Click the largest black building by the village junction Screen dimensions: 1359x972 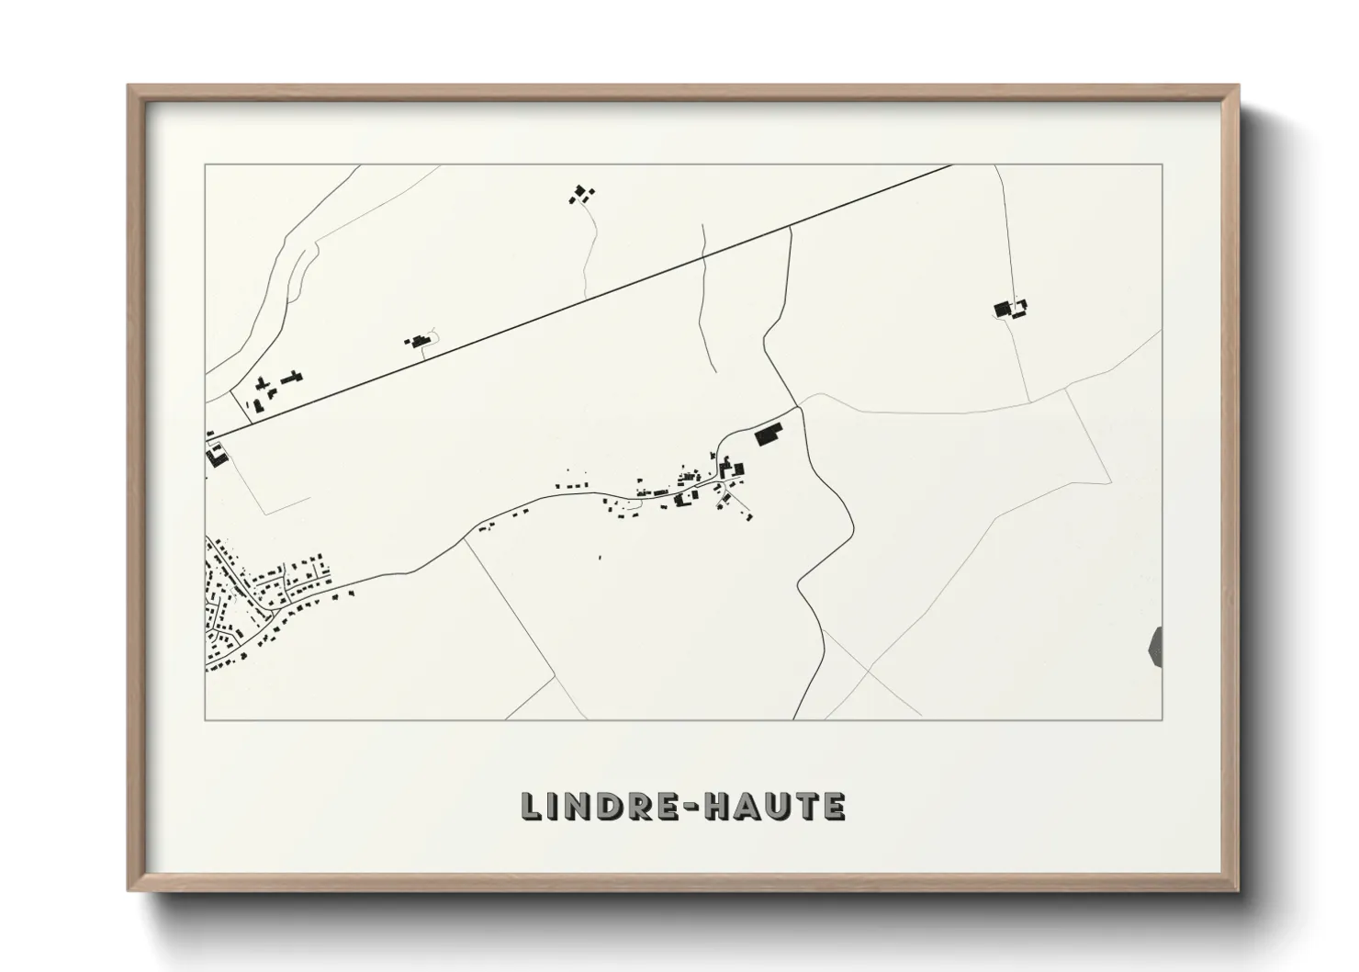tap(766, 435)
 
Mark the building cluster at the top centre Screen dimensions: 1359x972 tap(581, 194)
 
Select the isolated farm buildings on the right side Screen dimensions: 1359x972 tap(1009, 308)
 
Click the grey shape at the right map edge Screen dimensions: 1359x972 tap(1156, 646)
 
